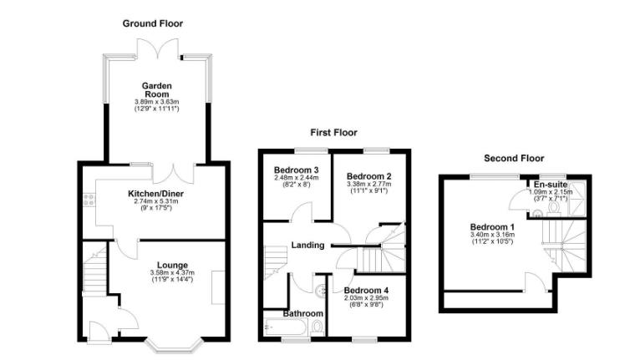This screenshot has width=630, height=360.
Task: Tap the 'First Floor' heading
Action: pos(333,132)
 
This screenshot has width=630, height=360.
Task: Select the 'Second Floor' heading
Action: pos(514,158)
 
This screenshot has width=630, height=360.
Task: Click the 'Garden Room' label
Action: pos(156,90)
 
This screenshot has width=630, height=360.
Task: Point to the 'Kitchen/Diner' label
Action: pos(155,194)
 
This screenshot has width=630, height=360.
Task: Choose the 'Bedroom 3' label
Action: pos(297,170)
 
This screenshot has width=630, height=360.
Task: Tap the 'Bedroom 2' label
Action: pos(369,176)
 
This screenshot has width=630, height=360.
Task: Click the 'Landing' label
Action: pos(307,245)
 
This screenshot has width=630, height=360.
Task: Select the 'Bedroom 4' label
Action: pos(366,290)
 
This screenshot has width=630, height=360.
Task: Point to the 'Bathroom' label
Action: pos(302,313)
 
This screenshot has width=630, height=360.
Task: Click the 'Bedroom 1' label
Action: pos(492,227)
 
